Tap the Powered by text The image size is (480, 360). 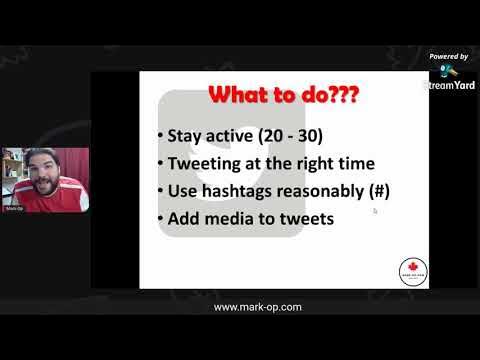point(449,57)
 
